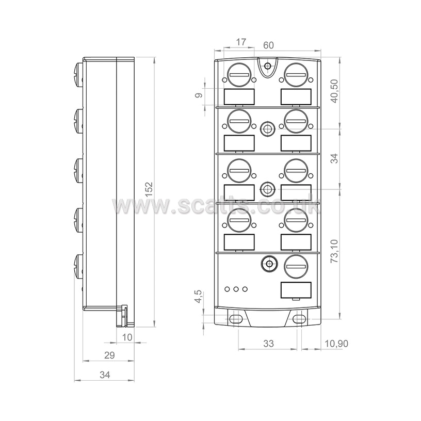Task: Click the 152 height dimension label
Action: (149, 189)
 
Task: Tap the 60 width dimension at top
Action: (268, 45)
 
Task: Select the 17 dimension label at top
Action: (241, 42)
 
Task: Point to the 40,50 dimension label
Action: (334, 91)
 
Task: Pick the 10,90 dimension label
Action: (336, 344)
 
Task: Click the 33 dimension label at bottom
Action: (268, 344)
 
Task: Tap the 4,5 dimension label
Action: (199, 297)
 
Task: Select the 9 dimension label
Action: (199, 95)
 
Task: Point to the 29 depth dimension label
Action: (109, 355)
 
